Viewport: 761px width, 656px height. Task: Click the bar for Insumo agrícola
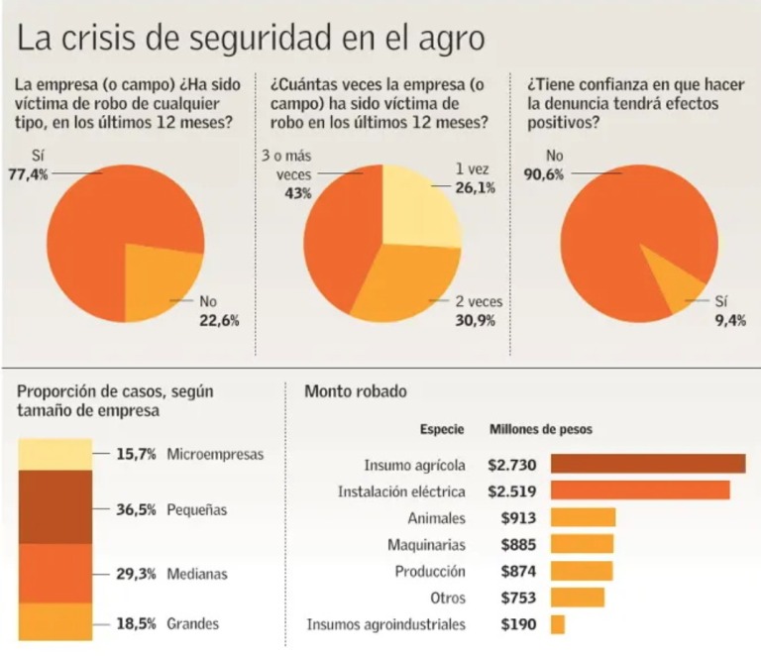point(647,464)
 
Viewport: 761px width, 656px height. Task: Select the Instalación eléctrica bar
point(639,491)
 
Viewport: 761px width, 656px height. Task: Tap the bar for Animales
point(583,517)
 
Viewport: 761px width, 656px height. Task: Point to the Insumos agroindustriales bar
point(557,624)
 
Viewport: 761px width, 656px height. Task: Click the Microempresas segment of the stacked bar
point(55,454)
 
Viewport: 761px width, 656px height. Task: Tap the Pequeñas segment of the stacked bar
point(55,506)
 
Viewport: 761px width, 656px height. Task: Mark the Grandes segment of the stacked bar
point(55,622)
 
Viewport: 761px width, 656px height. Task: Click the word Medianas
point(198,574)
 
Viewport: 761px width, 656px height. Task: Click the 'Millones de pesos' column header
point(541,430)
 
